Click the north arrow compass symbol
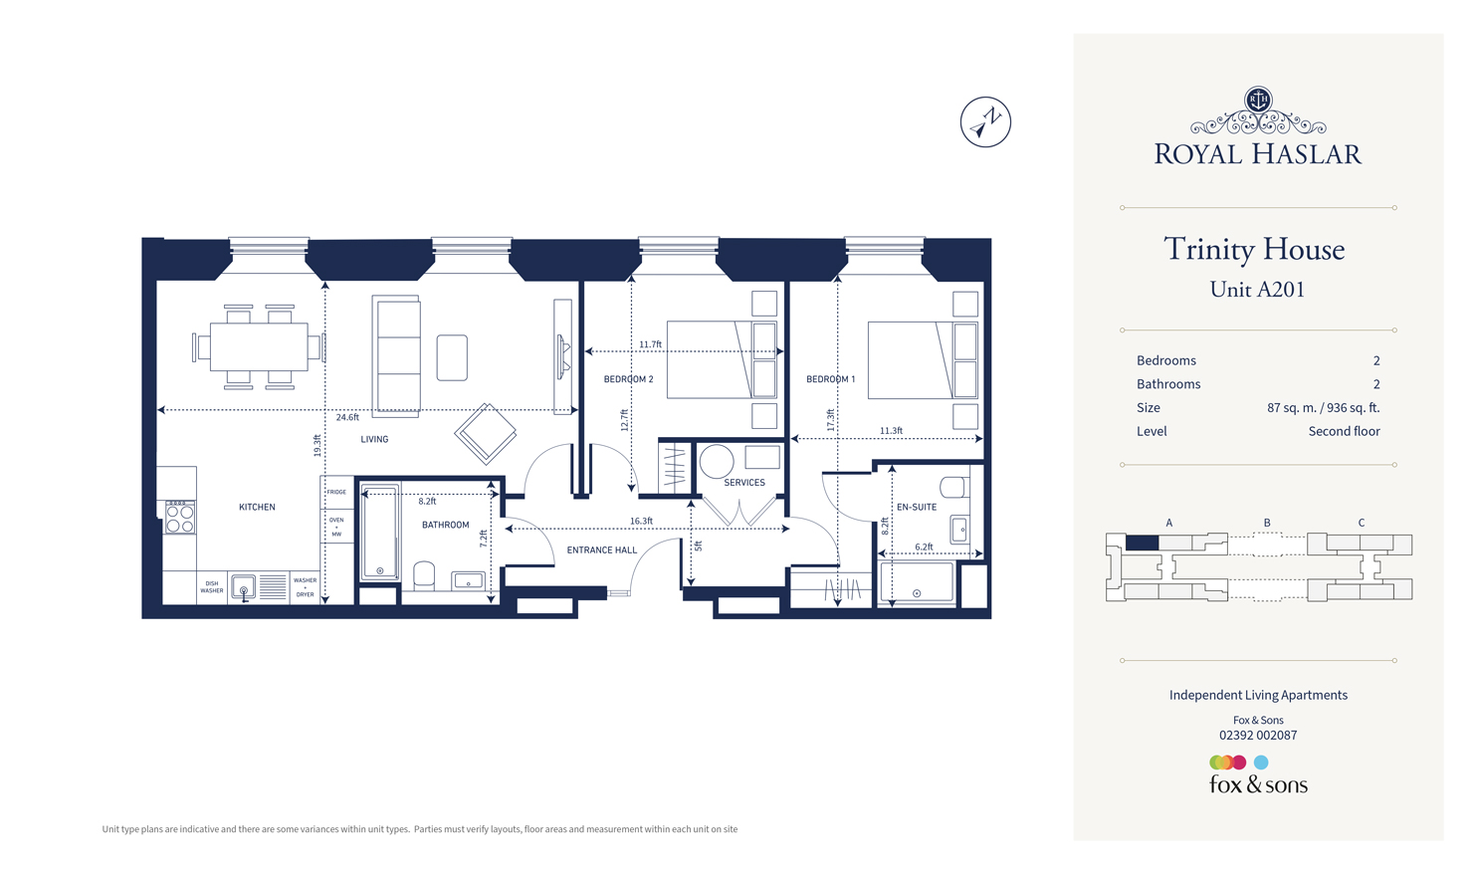click(x=985, y=121)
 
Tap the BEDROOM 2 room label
click(x=628, y=379)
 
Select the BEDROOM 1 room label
click(x=830, y=379)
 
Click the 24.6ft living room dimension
click(x=347, y=418)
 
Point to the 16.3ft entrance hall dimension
click(x=641, y=521)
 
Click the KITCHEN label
click(x=257, y=507)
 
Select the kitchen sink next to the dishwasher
click(x=244, y=588)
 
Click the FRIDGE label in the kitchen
click(x=337, y=492)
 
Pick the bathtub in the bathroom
click(x=380, y=533)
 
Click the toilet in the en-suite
click(x=953, y=487)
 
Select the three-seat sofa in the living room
click(x=397, y=355)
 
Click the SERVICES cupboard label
click(x=744, y=483)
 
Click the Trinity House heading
click(x=1254, y=249)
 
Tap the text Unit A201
click(x=1257, y=290)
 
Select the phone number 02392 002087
click(x=1258, y=736)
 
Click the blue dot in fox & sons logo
click(x=1261, y=763)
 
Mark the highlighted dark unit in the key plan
click(x=1142, y=543)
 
